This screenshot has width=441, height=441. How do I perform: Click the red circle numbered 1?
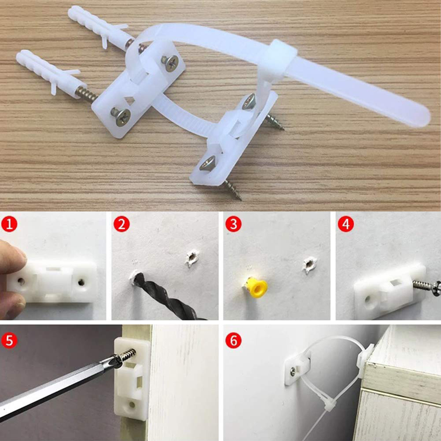9,224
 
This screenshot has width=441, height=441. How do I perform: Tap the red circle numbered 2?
121,224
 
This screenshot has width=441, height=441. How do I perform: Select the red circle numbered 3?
233,224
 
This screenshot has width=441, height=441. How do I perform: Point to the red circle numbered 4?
345,224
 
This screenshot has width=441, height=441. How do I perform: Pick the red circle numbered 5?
9,341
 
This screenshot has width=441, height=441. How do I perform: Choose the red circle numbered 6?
233,341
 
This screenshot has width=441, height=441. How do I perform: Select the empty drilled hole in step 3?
309,264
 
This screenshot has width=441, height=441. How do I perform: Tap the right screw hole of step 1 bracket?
81,282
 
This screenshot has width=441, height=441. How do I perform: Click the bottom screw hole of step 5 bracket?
132,405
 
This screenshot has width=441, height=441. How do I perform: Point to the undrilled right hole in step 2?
192,258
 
